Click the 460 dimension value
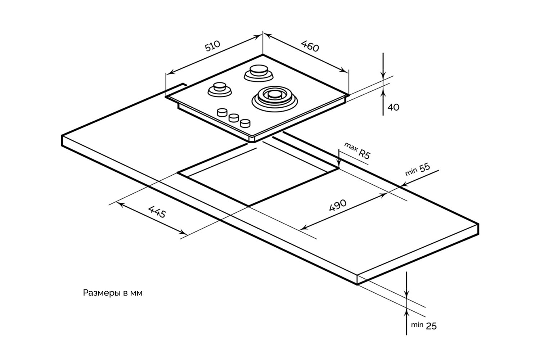coord(310,46)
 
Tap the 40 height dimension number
coord(393,107)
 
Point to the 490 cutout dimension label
coord(337,205)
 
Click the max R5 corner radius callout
coord(357,150)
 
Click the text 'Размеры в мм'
coord(113,293)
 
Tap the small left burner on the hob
coord(219,88)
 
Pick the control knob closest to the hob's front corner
coord(245,123)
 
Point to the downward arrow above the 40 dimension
coord(383,68)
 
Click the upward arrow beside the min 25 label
coord(407,317)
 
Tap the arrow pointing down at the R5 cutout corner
coord(339,160)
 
